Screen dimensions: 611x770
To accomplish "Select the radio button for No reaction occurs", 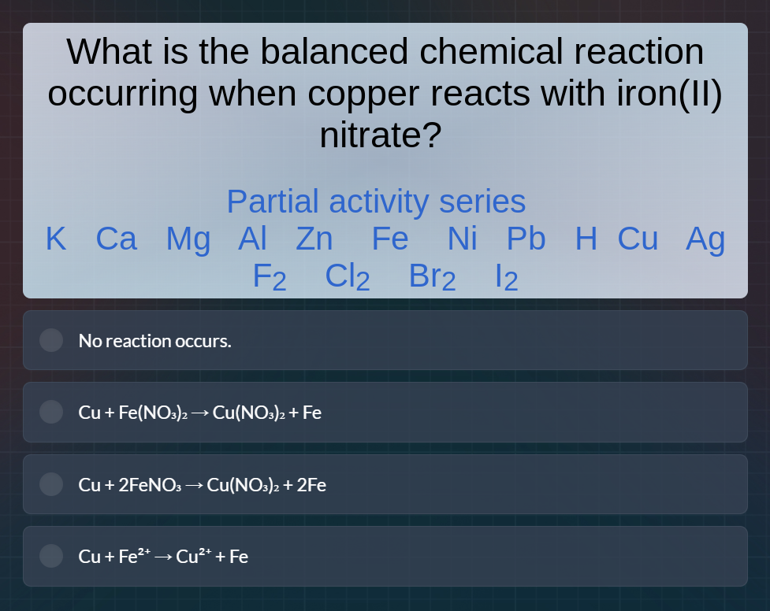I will [51, 340].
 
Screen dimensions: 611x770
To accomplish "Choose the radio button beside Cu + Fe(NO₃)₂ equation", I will [51, 412].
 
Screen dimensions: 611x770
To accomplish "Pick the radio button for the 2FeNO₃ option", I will [51, 484].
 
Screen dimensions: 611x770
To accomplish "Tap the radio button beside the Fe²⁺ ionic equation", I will [51, 556].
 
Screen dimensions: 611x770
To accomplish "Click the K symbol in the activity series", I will [56, 239].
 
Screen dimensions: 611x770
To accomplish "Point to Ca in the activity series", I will [116, 239].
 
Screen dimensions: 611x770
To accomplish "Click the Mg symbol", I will [188, 239].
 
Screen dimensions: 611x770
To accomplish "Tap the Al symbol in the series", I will [252, 239].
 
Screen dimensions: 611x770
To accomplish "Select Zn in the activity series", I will [314, 239].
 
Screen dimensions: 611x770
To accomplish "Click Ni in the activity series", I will [463, 239].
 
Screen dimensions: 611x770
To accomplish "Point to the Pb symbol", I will [526, 239].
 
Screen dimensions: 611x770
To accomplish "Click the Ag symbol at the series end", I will [705, 239].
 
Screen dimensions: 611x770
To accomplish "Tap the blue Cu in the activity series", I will [638, 239].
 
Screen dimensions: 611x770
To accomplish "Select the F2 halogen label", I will [270, 277].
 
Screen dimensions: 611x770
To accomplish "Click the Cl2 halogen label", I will [348, 277].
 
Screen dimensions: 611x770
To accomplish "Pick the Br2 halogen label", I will [433, 277].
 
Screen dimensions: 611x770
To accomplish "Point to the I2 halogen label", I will [506, 277].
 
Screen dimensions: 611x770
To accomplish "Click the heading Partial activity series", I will [376, 202].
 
